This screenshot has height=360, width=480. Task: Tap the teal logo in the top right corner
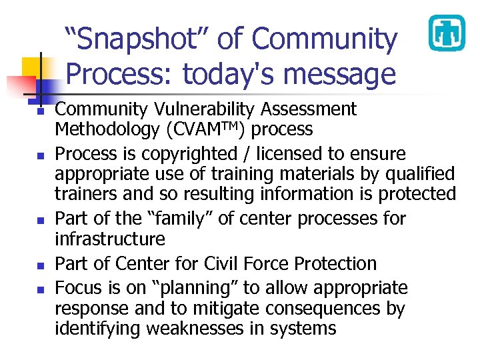tap(445, 33)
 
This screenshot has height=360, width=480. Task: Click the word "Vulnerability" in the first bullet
tap(209, 109)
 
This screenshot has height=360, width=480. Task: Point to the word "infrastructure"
tap(110, 239)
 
